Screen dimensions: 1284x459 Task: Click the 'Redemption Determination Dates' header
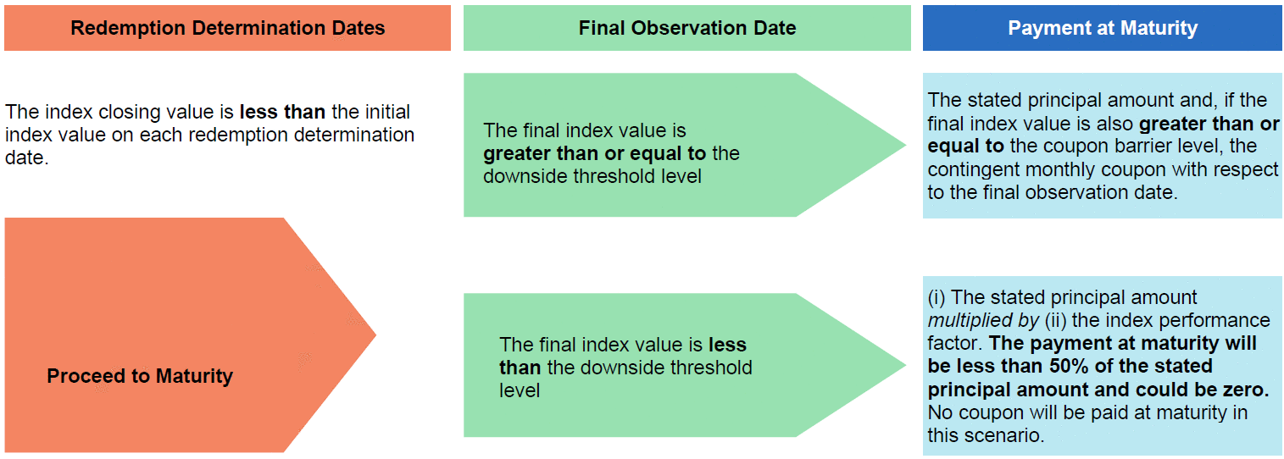pyautogui.click(x=228, y=28)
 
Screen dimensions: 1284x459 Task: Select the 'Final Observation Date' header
pyautogui.click(x=686, y=28)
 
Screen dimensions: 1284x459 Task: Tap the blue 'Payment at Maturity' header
pyautogui.click(x=1103, y=28)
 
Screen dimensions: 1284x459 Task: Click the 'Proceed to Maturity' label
pyautogui.click(x=140, y=376)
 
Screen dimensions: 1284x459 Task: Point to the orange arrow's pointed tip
pyautogui.click(x=375, y=335)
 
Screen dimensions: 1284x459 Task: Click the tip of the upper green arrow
pyautogui.click(x=906, y=145)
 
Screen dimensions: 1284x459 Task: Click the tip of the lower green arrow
pyautogui.click(x=906, y=365)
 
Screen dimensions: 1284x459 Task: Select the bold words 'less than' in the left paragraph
pyautogui.click(x=282, y=111)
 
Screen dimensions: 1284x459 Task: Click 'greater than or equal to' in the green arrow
pyautogui.click(x=594, y=153)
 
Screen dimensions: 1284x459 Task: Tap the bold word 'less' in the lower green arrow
pyautogui.click(x=727, y=345)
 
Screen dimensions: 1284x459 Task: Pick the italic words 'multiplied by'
pyautogui.click(x=983, y=320)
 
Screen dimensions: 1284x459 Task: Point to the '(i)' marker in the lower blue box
pyautogui.click(x=937, y=297)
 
